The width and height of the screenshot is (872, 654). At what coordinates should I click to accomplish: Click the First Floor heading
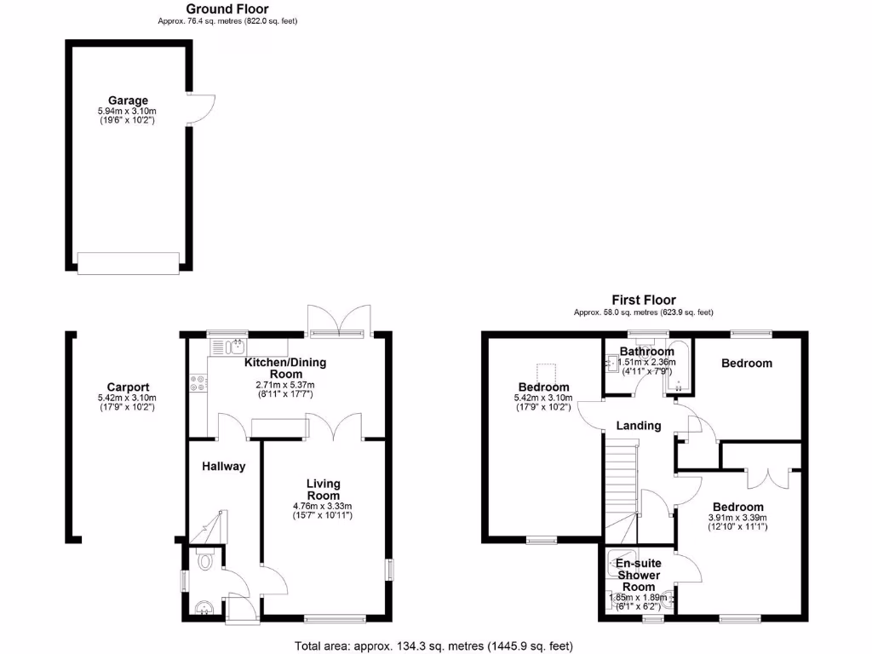(644, 300)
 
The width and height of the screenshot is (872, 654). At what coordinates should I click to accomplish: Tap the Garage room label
(128, 100)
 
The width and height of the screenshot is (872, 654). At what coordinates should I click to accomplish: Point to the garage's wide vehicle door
(129, 262)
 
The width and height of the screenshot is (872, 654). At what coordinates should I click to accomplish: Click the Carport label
(128, 386)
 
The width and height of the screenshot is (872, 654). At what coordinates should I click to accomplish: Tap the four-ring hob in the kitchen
(198, 384)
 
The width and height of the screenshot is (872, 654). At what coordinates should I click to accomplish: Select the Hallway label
(224, 466)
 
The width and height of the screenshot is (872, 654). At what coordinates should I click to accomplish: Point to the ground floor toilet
(204, 560)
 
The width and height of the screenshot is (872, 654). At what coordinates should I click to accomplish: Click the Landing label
(638, 426)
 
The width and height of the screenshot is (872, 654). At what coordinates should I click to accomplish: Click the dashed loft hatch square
(545, 375)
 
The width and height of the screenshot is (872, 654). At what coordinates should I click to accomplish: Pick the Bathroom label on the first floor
(646, 351)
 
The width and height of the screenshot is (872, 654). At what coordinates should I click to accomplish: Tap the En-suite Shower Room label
(639, 575)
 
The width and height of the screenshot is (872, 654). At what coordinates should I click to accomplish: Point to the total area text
(434, 645)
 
